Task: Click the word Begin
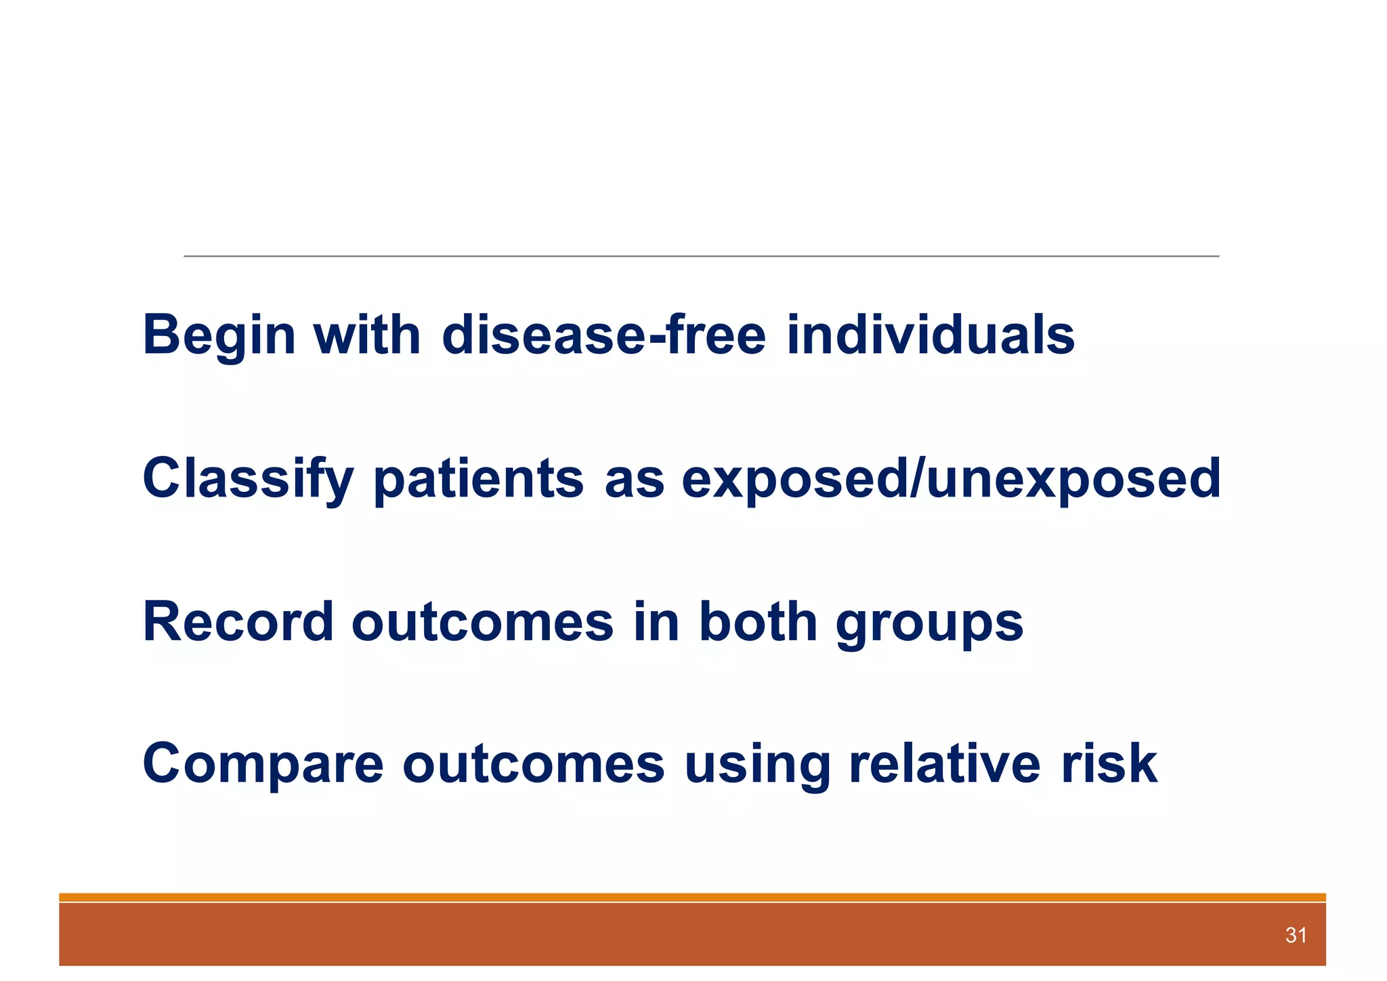[219, 335]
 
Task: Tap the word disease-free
[603, 335]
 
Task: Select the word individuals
[931, 335]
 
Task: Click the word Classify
[248, 479]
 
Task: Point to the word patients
[478, 479]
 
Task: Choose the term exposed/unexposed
[951, 479]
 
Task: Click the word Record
[238, 622]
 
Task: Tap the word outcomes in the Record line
[482, 622]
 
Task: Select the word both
[757, 622]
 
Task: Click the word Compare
[263, 764]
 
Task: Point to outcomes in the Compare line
[534, 764]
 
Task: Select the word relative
[944, 764]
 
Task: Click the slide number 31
[1296, 936]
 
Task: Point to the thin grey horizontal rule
[701, 256]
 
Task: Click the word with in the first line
[366, 335]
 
